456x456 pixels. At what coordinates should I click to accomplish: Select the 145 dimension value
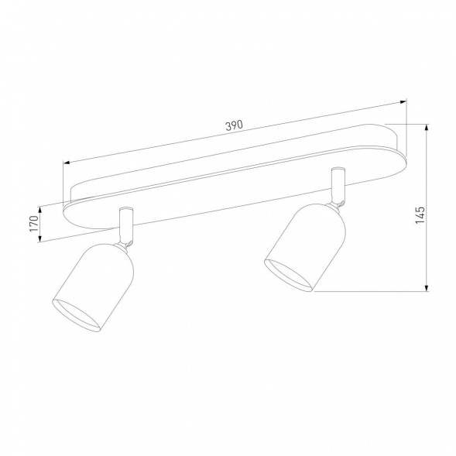tap(419, 214)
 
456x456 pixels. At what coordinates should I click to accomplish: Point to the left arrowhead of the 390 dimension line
tap(67, 163)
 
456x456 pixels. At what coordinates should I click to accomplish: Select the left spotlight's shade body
tap(97, 279)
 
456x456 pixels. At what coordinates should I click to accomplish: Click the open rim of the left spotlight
tap(77, 314)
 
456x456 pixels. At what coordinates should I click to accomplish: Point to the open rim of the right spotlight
tap(289, 277)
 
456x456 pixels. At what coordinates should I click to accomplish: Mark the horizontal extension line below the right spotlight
tap(372, 291)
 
